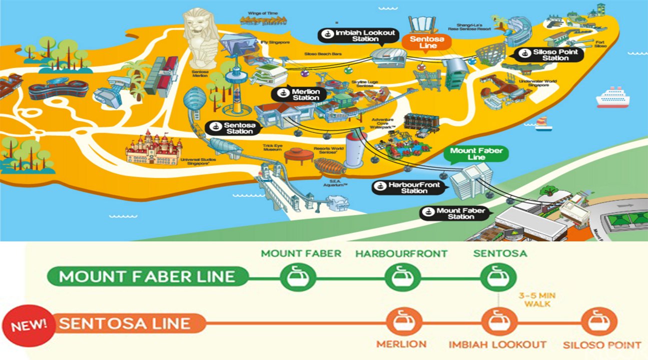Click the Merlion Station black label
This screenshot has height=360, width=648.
[299, 94]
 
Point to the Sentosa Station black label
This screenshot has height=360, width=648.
[234, 128]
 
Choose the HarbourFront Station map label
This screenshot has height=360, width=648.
[408, 187]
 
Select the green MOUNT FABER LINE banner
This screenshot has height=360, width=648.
[148, 276]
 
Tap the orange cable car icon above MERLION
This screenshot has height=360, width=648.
[403, 322]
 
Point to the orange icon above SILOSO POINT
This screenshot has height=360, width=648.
[599, 322]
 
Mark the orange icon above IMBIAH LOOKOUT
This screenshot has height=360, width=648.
[498, 322]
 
